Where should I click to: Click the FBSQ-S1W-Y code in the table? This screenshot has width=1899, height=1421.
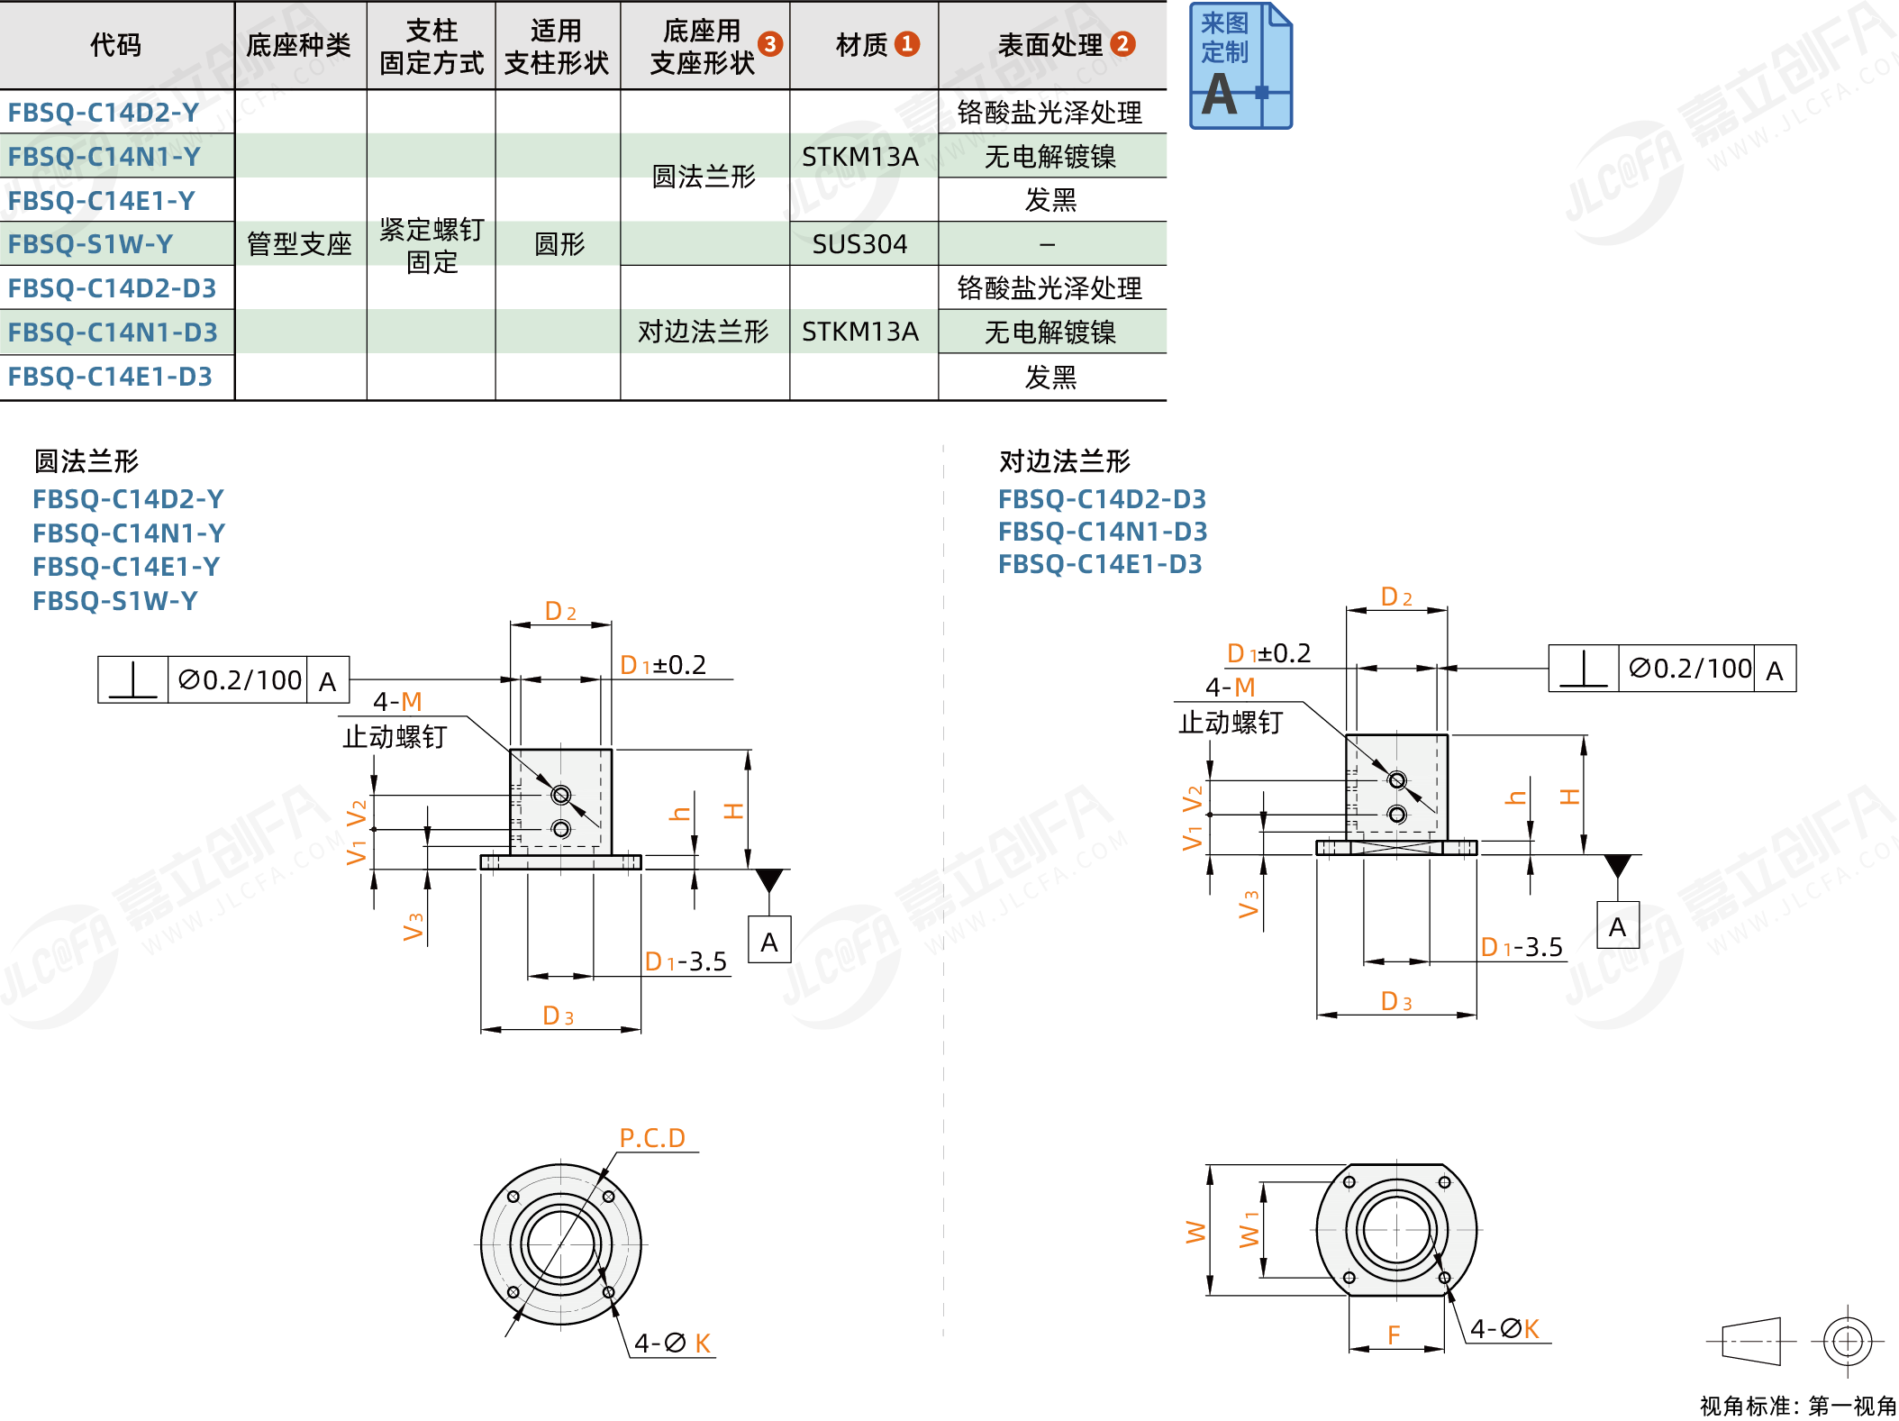(x=90, y=244)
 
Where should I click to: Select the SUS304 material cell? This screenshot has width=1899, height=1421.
(x=859, y=244)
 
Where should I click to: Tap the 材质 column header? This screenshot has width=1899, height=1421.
(x=863, y=45)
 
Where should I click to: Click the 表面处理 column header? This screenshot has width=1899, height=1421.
(x=1050, y=45)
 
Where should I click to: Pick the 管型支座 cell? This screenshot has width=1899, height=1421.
(x=299, y=244)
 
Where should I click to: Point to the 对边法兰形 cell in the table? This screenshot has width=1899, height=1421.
(x=703, y=332)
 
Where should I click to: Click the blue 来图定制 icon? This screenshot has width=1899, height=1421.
(x=1240, y=66)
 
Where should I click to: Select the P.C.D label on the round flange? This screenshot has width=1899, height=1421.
(x=652, y=1138)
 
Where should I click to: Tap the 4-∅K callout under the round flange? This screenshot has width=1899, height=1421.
(x=672, y=1344)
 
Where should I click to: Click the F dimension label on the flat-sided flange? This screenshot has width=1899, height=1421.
(x=1394, y=1334)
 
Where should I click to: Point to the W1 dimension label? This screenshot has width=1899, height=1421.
(x=1249, y=1230)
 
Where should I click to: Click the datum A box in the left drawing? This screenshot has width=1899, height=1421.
(x=769, y=942)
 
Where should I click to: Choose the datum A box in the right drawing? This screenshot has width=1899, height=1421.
(x=1618, y=926)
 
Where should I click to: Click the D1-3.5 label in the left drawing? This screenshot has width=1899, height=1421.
(x=686, y=961)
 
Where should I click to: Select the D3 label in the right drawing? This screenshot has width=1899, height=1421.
(x=1396, y=1001)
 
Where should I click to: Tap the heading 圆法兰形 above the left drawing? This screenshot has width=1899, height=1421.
(x=86, y=461)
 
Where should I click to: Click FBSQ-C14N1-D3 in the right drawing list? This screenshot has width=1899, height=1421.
(x=1103, y=532)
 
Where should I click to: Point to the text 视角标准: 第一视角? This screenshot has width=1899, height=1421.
(x=1798, y=1406)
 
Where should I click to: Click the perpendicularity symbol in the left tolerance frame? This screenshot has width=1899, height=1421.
(x=133, y=680)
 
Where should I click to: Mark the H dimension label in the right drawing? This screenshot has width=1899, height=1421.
(x=1569, y=797)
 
